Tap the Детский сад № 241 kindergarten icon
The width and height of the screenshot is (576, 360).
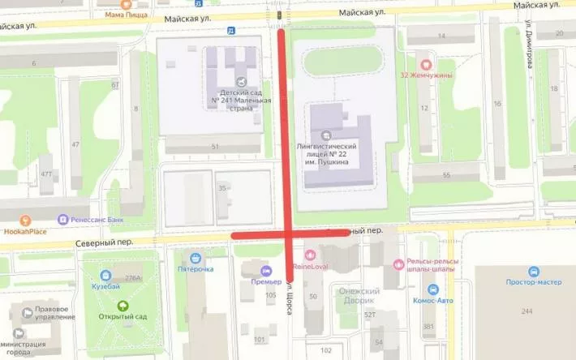tap(240, 81)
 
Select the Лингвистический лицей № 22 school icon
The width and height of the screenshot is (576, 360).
tap(326, 135)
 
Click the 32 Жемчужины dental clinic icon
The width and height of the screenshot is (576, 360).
tap(425, 64)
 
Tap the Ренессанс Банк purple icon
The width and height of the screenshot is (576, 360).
tap(62, 219)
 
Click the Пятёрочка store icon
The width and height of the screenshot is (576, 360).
tap(195, 257)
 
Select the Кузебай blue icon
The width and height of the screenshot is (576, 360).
tap(106, 276)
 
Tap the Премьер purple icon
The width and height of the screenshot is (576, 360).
tap(264, 271)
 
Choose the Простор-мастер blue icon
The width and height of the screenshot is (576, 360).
tap(534, 272)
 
